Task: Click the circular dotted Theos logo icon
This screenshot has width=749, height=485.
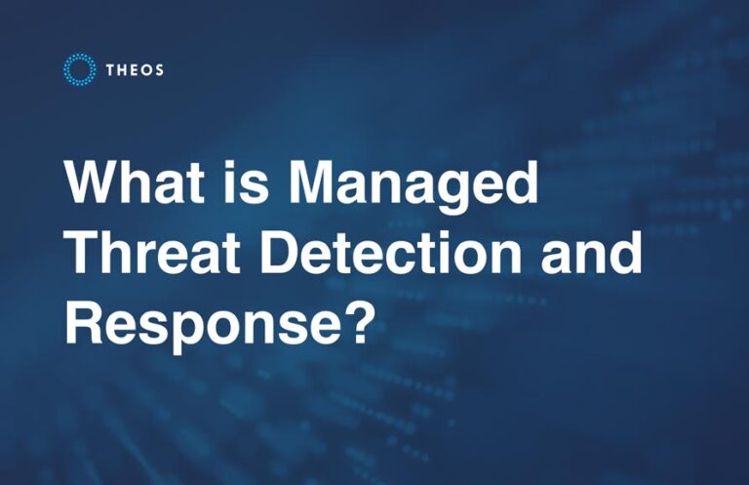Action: tap(79, 69)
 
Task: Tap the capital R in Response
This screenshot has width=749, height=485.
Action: tap(83, 322)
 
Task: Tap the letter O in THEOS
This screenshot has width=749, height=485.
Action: tap(144, 69)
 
